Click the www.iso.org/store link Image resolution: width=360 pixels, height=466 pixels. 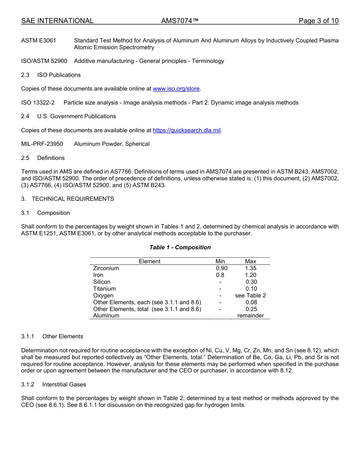(176, 89)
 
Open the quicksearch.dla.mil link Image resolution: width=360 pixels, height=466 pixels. (186, 130)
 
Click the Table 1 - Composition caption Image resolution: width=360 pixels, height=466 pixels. (180, 247)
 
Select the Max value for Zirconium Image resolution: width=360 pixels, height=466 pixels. (250, 268)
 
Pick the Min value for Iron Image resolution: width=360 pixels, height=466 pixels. (220, 275)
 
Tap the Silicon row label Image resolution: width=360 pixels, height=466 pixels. (102, 282)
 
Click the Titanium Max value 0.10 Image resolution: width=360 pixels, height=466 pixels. (250, 289)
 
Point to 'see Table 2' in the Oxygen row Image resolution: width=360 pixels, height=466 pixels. (250, 296)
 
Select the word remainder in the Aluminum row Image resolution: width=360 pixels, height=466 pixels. (250, 316)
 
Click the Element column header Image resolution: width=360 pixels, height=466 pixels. (150, 261)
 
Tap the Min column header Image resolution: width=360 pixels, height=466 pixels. (220, 261)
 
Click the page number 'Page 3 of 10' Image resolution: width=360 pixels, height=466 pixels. (318, 21)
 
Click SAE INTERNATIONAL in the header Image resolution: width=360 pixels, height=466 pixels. (57, 21)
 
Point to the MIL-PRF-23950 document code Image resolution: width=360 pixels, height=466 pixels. (42, 144)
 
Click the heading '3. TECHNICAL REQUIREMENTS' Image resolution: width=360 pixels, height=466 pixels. (67, 199)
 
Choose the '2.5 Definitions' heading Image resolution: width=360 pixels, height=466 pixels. (43, 158)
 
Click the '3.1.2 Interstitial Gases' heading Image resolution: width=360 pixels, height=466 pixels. (53, 385)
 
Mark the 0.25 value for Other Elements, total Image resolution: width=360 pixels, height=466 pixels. (250, 309)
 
